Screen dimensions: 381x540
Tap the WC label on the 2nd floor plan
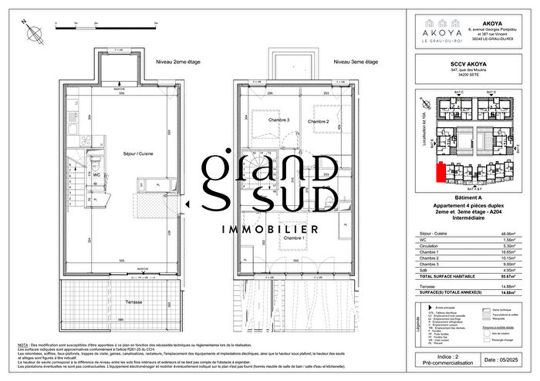(x=96, y=175)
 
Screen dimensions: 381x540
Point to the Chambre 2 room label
(x=319, y=122)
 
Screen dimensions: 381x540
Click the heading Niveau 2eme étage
(x=179, y=61)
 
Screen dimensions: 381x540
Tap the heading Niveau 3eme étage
(x=355, y=61)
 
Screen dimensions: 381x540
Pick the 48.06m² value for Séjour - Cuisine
(x=505, y=233)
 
